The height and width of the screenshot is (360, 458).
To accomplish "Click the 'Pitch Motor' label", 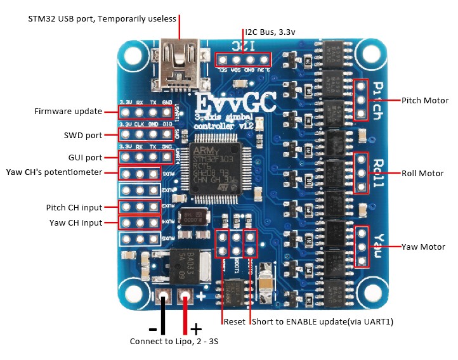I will tap(425, 100).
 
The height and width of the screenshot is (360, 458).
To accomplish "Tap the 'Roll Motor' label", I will tap(423, 172).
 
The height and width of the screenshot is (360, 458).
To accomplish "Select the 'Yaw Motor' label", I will tap(423, 247).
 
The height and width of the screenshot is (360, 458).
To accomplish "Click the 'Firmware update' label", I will tap(68, 112).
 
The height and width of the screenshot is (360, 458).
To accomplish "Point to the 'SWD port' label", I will tap(82, 135).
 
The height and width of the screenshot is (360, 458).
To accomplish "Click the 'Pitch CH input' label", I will tap(74, 207).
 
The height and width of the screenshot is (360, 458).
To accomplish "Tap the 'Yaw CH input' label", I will tap(75, 222).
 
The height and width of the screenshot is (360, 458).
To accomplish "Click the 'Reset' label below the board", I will tap(234, 322).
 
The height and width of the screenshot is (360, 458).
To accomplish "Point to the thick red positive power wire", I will tap(185, 315).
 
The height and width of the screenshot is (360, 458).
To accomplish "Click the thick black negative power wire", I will tap(164, 315).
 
